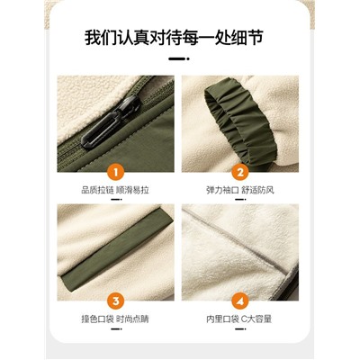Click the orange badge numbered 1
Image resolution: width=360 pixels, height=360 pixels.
115,173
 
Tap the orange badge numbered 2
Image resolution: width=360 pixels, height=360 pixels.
240,173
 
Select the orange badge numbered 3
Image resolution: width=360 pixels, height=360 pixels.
115,301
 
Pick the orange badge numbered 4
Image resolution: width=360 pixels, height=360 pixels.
240,301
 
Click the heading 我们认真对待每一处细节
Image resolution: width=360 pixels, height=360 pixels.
174,37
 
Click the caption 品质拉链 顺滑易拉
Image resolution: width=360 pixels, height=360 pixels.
115,190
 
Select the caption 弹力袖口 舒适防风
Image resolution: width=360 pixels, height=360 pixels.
240,190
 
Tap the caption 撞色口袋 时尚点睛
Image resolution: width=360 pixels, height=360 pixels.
115,319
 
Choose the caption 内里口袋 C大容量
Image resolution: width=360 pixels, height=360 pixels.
239,319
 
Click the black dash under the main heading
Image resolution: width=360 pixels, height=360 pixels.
179,58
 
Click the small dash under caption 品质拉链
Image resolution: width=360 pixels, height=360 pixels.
116,200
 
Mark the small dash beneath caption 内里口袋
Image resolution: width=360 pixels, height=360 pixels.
240,328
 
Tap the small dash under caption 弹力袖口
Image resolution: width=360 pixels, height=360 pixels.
240,200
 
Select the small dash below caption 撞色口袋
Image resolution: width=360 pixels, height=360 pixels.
116,328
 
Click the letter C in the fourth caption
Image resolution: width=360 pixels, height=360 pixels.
244,319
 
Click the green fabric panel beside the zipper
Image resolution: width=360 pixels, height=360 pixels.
144,144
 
